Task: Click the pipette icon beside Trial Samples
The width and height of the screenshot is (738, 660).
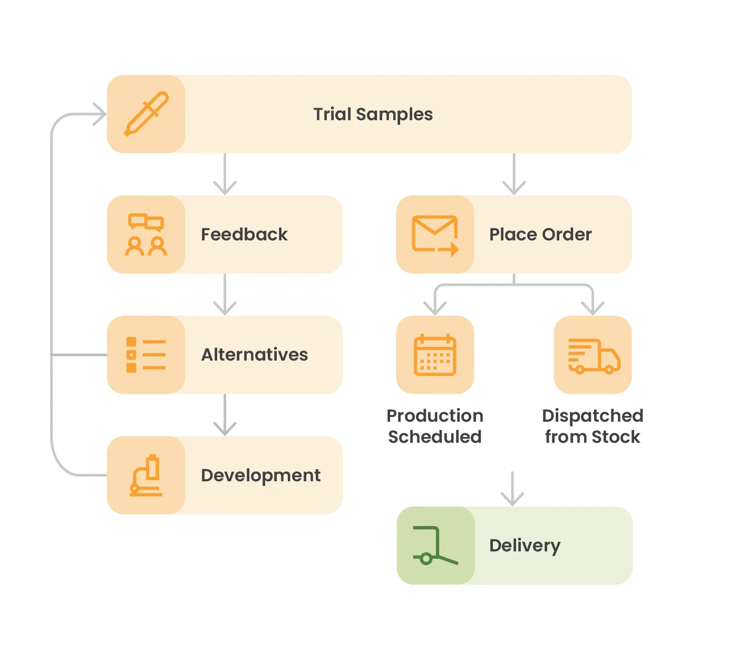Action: point(146,114)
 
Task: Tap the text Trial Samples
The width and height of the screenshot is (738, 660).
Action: point(373,114)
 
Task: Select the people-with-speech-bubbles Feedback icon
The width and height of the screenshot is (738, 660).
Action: point(146,235)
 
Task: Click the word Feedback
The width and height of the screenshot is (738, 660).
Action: point(244,235)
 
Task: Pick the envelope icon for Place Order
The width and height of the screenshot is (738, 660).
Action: point(435,235)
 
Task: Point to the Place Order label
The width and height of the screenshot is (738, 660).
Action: point(540,235)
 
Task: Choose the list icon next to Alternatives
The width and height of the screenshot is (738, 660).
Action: point(146,355)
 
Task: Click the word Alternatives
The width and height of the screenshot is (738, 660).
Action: point(255,355)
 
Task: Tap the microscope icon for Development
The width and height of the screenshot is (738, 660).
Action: point(146,475)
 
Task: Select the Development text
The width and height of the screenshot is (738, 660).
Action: point(260,475)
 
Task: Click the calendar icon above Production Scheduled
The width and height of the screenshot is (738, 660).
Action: point(435,355)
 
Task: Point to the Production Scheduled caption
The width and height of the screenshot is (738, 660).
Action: point(435,426)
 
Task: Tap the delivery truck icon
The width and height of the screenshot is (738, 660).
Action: point(593,355)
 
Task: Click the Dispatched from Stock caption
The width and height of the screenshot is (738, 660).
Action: point(593,426)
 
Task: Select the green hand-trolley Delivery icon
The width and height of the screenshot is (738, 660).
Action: point(435,546)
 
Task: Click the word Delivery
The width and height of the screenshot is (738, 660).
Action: point(525,546)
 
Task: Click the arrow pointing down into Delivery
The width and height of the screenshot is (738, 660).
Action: point(512,489)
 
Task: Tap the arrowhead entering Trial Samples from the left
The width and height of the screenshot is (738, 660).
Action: point(99,114)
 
